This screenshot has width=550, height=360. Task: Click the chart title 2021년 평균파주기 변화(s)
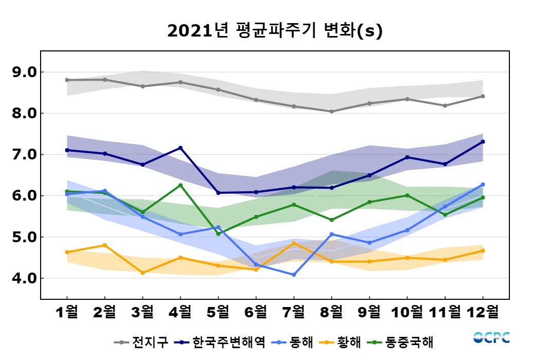pyautogui.click(x=275, y=31)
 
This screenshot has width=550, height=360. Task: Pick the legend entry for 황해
pyautogui.click(x=342, y=342)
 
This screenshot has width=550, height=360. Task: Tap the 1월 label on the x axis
pyautogui.click(x=67, y=312)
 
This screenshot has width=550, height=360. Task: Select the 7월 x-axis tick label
pyautogui.click(x=294, y=312)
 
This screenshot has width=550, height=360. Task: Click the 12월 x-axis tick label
pyautogui.click(x=483, y=312)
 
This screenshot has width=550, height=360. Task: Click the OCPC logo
pyautogui.click(x=491, y=338)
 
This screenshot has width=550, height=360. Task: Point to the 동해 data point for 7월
pyautogui.click(x=294, y=275)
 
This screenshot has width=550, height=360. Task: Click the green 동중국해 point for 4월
pyautogui.click(x=180, y=185)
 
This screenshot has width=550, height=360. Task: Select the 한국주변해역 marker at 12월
pyautogui.click(x=483, y=141)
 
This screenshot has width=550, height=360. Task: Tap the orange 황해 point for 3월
pyautogui.click(x=142, y=273)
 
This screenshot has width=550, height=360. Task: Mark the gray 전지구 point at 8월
pyautogui.click(x=332, y=111)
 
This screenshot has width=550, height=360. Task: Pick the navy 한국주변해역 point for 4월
pyautogui.click(x=180, y=148)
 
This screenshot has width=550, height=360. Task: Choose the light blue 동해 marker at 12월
pyautogui.click(x=483, y=184)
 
